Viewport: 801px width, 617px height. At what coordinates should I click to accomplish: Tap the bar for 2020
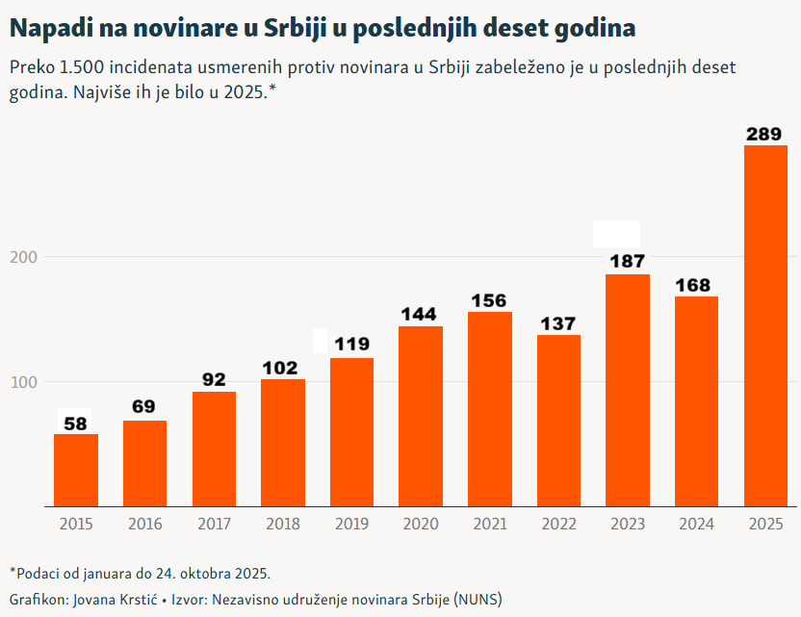[x=420, y=416]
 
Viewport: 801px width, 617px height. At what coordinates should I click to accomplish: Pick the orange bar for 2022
[x=558, y=420]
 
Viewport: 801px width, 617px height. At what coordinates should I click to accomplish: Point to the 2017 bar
[x=214, y=449]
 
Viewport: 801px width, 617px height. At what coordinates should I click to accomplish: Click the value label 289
[x=764, y=134]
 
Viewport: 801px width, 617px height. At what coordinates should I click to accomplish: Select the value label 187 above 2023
[x=627, y=261]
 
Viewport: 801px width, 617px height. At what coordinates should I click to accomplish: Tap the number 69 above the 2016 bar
[x=143, y=406]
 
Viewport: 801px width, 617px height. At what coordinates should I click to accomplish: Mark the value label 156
[x=489, y=300]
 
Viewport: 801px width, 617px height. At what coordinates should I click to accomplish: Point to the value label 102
[x=281, y=367]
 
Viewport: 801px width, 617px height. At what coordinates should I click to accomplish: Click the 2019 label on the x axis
[x=351, y=524]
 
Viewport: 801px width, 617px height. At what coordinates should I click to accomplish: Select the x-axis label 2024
[x=696, y=524]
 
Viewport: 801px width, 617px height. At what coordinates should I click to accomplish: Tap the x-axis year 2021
[x=489, y=524]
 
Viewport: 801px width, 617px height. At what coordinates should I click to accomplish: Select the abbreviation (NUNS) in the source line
[x=478, y=598]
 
